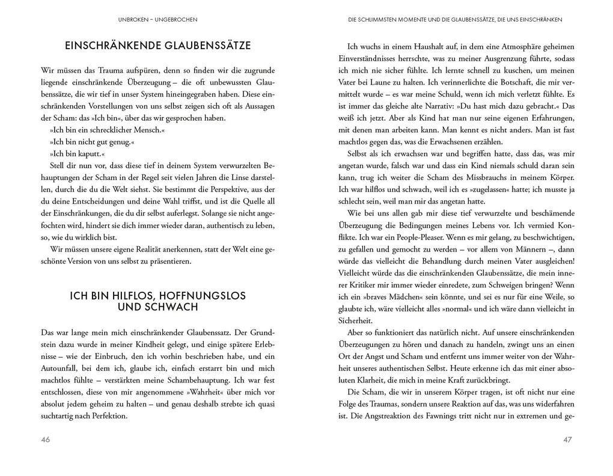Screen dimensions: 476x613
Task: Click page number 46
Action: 46,439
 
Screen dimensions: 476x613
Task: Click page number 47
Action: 567,439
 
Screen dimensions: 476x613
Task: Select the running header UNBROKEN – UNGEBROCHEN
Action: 157,19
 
